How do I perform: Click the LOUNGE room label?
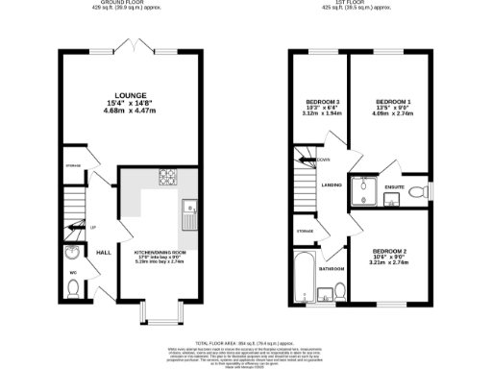pos(130,96)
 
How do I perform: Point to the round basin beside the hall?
pos(75,254)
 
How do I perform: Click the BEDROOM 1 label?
pos(393,101)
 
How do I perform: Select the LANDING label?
pos(332,184)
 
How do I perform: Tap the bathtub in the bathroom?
pos(299,275)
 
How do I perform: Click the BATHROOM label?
pos(332,269)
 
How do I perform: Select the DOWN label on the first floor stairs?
pos(324,160)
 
